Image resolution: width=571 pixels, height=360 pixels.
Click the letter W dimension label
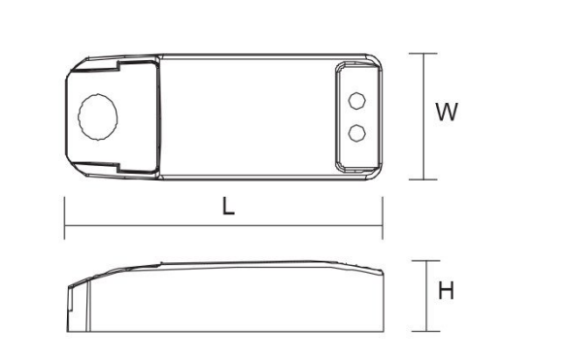pos(447,113)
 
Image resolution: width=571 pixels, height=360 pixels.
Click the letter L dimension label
pos(228,207)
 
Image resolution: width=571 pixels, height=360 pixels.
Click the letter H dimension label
pos(446,291)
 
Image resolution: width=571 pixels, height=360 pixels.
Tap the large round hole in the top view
pos(97,116)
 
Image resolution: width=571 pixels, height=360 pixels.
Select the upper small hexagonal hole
pos(357,101)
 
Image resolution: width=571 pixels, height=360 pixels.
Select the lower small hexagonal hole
pos(357,133)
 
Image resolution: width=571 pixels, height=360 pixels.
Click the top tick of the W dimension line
pos(422,53)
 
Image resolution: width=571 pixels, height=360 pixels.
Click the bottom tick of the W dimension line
pos(422,180)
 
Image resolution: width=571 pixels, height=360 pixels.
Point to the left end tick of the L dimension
pos(64,218)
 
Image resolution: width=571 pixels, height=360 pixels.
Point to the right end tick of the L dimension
pos(383,218)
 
